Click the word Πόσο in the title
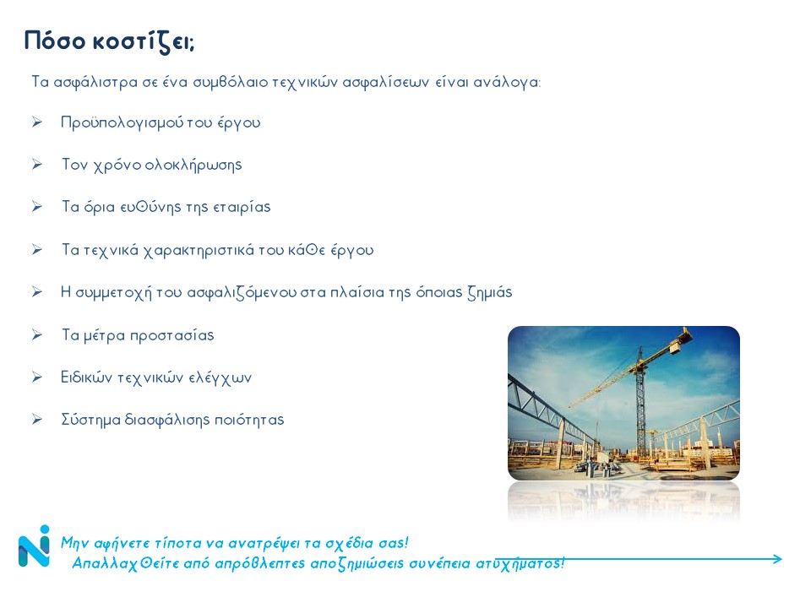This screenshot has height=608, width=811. click(x=55, y=41)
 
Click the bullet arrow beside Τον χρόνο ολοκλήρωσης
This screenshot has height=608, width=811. click(x=36, y=165)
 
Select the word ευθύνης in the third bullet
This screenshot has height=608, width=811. click(x=150, y=208)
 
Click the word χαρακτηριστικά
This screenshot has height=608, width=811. click(x=199, y=251)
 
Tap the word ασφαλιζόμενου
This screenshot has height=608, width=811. click(x=242, y=293)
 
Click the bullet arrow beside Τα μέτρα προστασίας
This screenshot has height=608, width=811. click(x=36, y=335)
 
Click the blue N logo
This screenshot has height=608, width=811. click(x=34, y=546)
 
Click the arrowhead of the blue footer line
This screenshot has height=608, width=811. click(x=777, y=559)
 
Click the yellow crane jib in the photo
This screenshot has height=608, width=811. click(x=631, y=367)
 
